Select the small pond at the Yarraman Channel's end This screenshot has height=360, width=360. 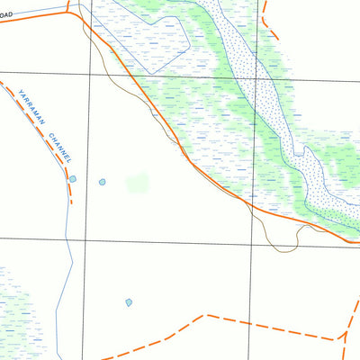click(73, 179)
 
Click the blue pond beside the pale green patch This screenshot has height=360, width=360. click(103, 182)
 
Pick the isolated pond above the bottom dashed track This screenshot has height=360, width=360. click(130, 302)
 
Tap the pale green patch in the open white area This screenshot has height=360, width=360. click(138, 184)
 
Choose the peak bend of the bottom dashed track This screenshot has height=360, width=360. click(206, 316)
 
